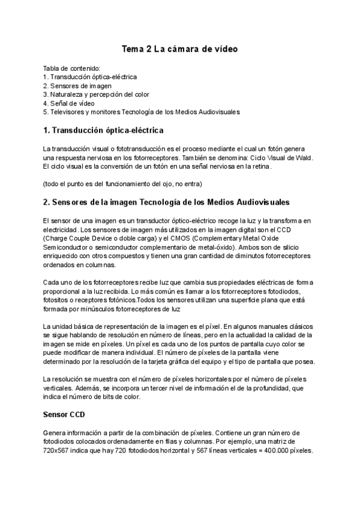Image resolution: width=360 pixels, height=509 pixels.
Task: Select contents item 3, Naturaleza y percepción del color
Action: pyautogui.click(x=96, y=94)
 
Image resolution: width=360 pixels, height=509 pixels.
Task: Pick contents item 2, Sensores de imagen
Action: pyautogui.click(x=77, y=86)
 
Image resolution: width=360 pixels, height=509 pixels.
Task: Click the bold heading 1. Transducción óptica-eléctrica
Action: pyautogui.click(x=103, y=130)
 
